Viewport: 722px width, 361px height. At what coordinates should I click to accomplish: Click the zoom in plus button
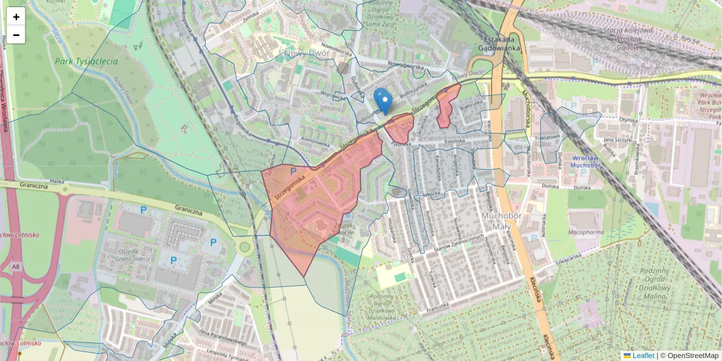pyautogui.click(x=16, y=16)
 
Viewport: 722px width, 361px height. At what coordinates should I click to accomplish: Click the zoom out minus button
pyautogui.click(x=16, y=35)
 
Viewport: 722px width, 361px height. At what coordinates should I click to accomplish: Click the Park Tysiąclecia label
pyautogui.click(x=86, y=61)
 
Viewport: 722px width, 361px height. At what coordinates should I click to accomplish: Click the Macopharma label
pyautogui.click(x=587, y=230)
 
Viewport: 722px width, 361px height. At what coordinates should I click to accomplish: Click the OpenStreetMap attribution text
pyautogui.click(x=689, y=356)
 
